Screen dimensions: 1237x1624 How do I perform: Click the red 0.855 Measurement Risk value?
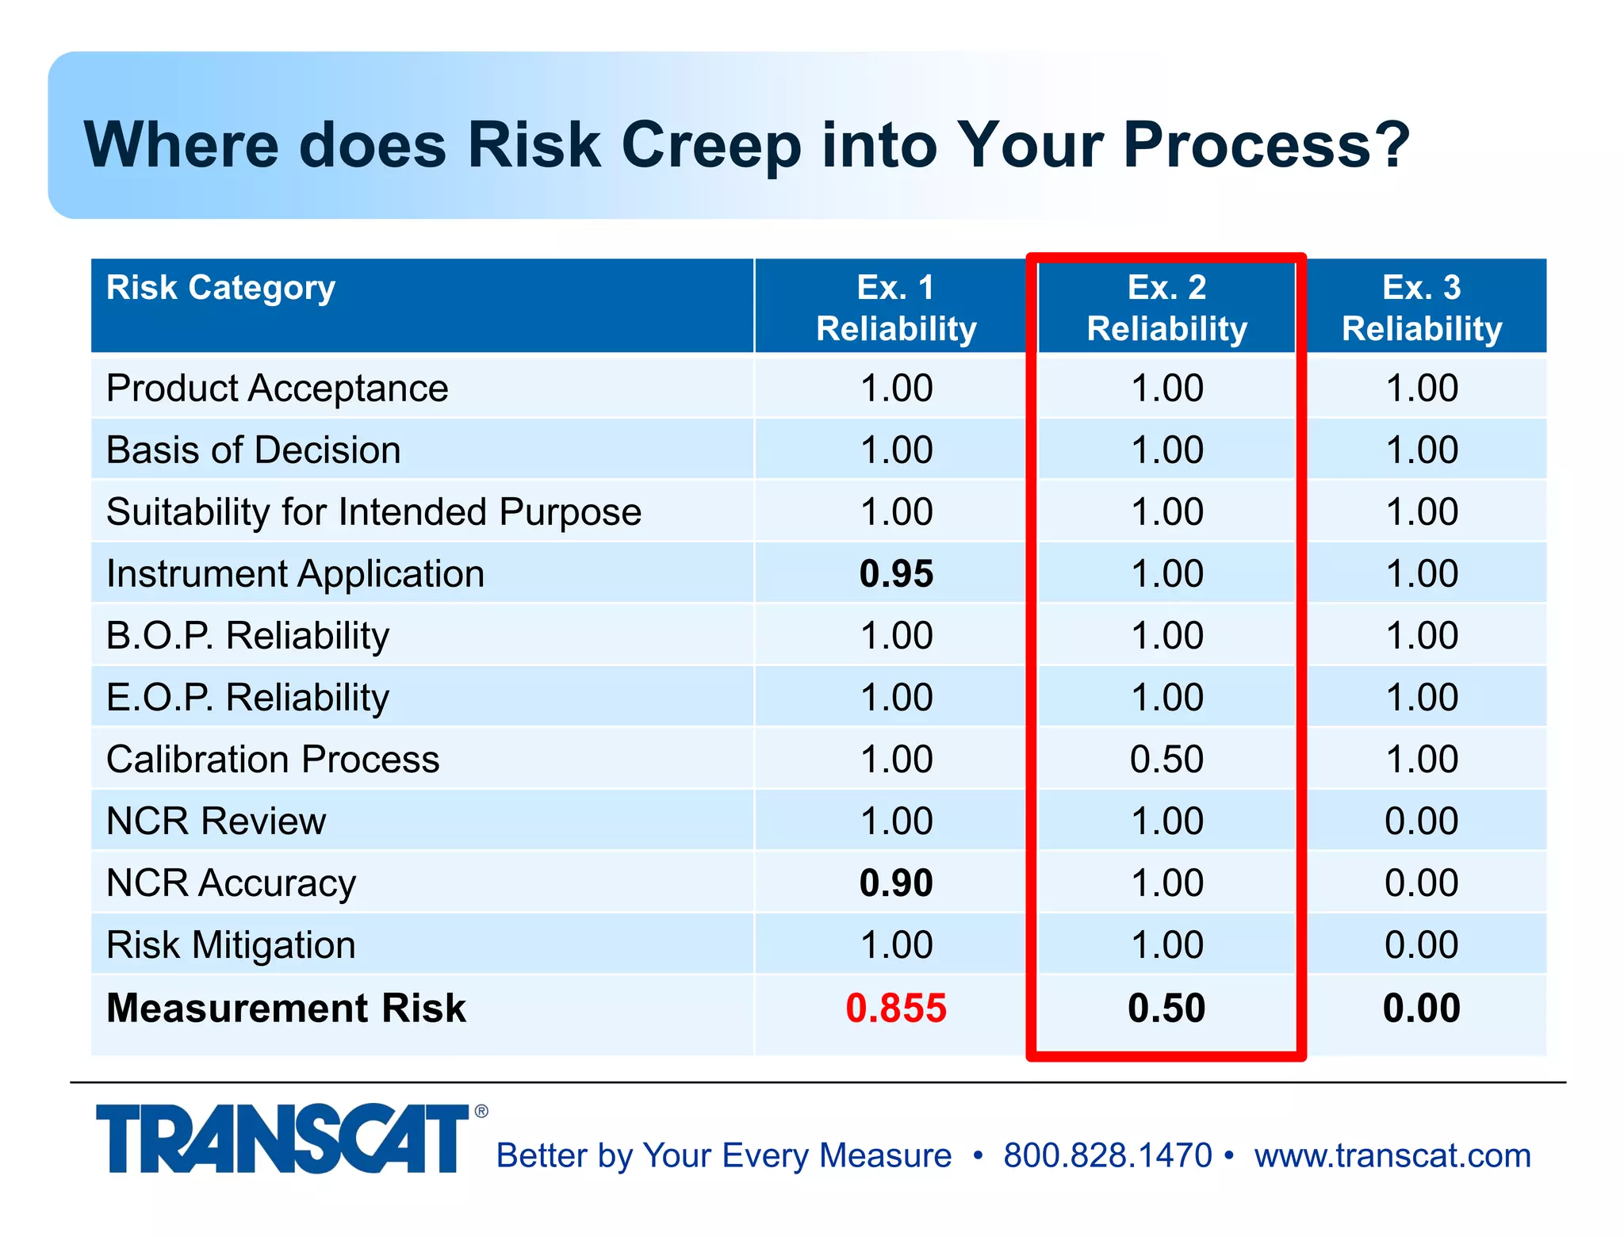(x=895, y=1008)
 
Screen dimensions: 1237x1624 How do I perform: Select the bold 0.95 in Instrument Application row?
(x=896, y=573)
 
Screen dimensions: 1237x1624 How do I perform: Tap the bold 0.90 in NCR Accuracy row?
(x=896, y=883)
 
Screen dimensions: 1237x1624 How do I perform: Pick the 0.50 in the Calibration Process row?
(x=1166, y=759)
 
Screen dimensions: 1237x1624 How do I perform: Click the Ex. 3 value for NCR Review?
(x=1421, y=821)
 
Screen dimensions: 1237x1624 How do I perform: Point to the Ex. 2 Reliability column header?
(x=1166, y=308)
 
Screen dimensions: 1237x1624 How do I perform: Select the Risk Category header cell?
(x=221, y=288)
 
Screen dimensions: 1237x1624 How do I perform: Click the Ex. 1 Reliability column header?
(x=896, y=308)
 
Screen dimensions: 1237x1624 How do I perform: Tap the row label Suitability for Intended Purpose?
(x=373, y=511)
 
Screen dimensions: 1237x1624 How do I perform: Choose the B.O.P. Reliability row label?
(x=247, y=635)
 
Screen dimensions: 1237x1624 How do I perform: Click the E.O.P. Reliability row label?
(x=247, y=697)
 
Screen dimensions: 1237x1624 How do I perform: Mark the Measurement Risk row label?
(x=286, y=1008)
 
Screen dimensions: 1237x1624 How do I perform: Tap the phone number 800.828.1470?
(x=1107, y=1155)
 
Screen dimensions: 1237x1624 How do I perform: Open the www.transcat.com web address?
(x=1392, y=1155)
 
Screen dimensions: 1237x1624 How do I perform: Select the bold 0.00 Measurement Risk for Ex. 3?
(x=1421, y=1008)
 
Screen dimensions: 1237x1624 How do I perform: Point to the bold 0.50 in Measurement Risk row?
(x=1166, y=1008)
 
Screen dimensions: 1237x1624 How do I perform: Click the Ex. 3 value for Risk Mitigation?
(x=1421, y=944)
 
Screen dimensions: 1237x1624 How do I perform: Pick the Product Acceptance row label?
(x=277, y=389)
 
